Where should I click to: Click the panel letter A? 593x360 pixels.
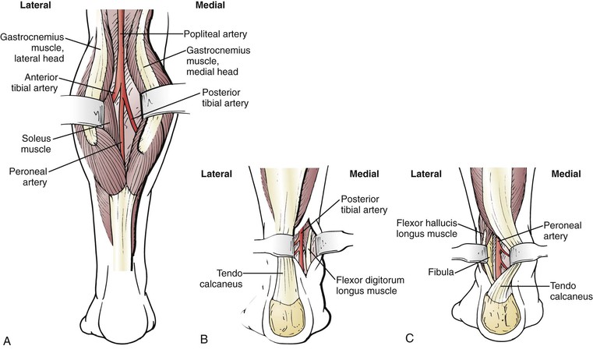tap(7, 341)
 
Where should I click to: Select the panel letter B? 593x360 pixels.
tap(204, 341)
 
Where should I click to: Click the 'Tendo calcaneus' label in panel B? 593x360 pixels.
tap(217, 278)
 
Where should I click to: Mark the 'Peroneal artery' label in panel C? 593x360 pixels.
tap(558, 228)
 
